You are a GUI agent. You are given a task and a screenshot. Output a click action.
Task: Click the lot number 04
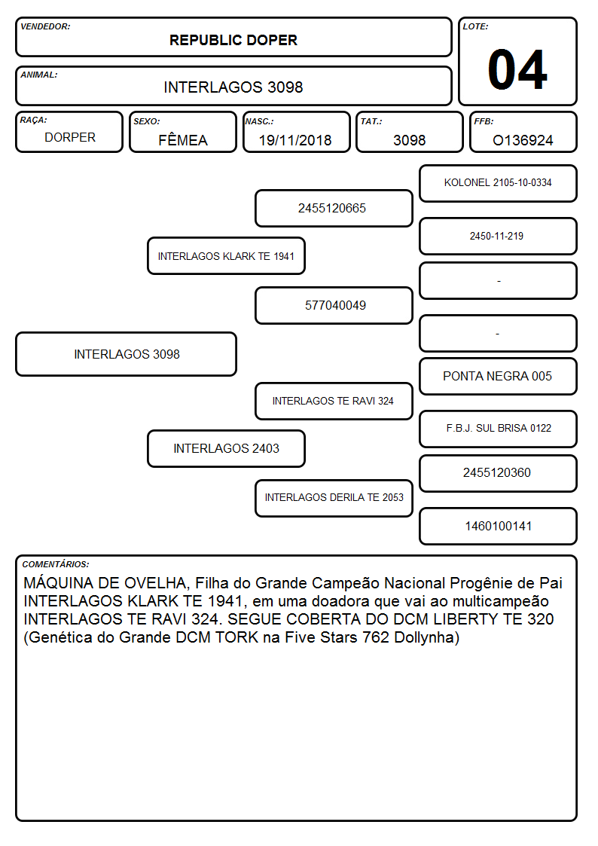click(x=517, y=69)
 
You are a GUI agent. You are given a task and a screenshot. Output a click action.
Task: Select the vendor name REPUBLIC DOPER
click(x=233, y=41)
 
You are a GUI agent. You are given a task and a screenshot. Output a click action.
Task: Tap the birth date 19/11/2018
click(x=295, y=140)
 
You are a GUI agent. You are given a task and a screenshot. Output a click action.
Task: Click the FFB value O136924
click(x=523, y=140)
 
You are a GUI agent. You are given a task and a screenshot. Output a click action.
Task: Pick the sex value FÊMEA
click(x=183, y=139)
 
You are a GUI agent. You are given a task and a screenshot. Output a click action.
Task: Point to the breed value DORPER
click(x=70, y=138)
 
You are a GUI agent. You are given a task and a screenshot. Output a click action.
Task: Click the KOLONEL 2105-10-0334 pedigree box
click(x=499, y=184)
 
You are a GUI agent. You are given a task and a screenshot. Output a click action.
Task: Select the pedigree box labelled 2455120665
click(x=334, y=208)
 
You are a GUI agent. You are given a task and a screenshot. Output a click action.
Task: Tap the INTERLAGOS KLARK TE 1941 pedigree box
click(x=227, y=255)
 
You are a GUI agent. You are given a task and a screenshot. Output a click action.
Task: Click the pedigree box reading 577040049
click(x=334, y=305)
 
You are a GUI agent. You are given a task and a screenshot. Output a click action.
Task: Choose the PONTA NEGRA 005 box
click(x=499, y=376)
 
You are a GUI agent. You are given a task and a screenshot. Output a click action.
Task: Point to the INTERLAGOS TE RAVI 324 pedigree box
click(x=334, y=401)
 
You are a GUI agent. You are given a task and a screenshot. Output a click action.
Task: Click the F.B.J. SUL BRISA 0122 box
click(x=499, y=429)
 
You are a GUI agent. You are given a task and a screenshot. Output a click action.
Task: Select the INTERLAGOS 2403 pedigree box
click(x=227, y=448)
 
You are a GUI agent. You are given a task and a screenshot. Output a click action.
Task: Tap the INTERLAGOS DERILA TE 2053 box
click(x=334, y=498)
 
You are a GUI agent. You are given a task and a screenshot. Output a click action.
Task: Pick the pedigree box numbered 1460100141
click(x=499, y=526)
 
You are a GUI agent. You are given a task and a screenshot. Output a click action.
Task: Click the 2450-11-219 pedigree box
click(x=499, y=236)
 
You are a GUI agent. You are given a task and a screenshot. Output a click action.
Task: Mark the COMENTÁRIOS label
click(x=56, y=564)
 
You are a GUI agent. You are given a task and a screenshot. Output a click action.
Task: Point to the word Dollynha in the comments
click(x=426, y=638)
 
